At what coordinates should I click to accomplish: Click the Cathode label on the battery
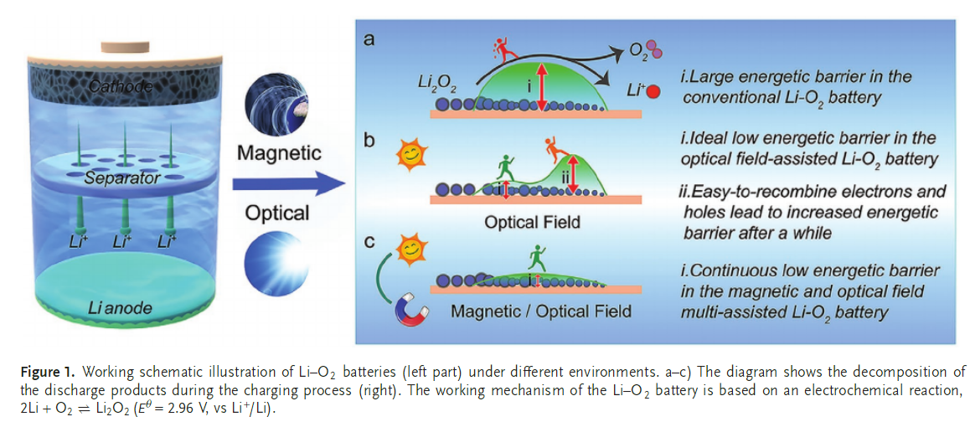coord(121,86)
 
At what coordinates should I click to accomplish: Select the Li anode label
coord(121,308)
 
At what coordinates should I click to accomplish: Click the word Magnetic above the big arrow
coord(279,153)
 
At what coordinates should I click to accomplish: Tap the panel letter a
coord(369,39)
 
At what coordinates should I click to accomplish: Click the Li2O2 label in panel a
coord(436,83)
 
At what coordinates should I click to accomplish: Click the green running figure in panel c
coord(534,253)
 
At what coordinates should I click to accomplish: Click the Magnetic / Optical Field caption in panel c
coord(541,311)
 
